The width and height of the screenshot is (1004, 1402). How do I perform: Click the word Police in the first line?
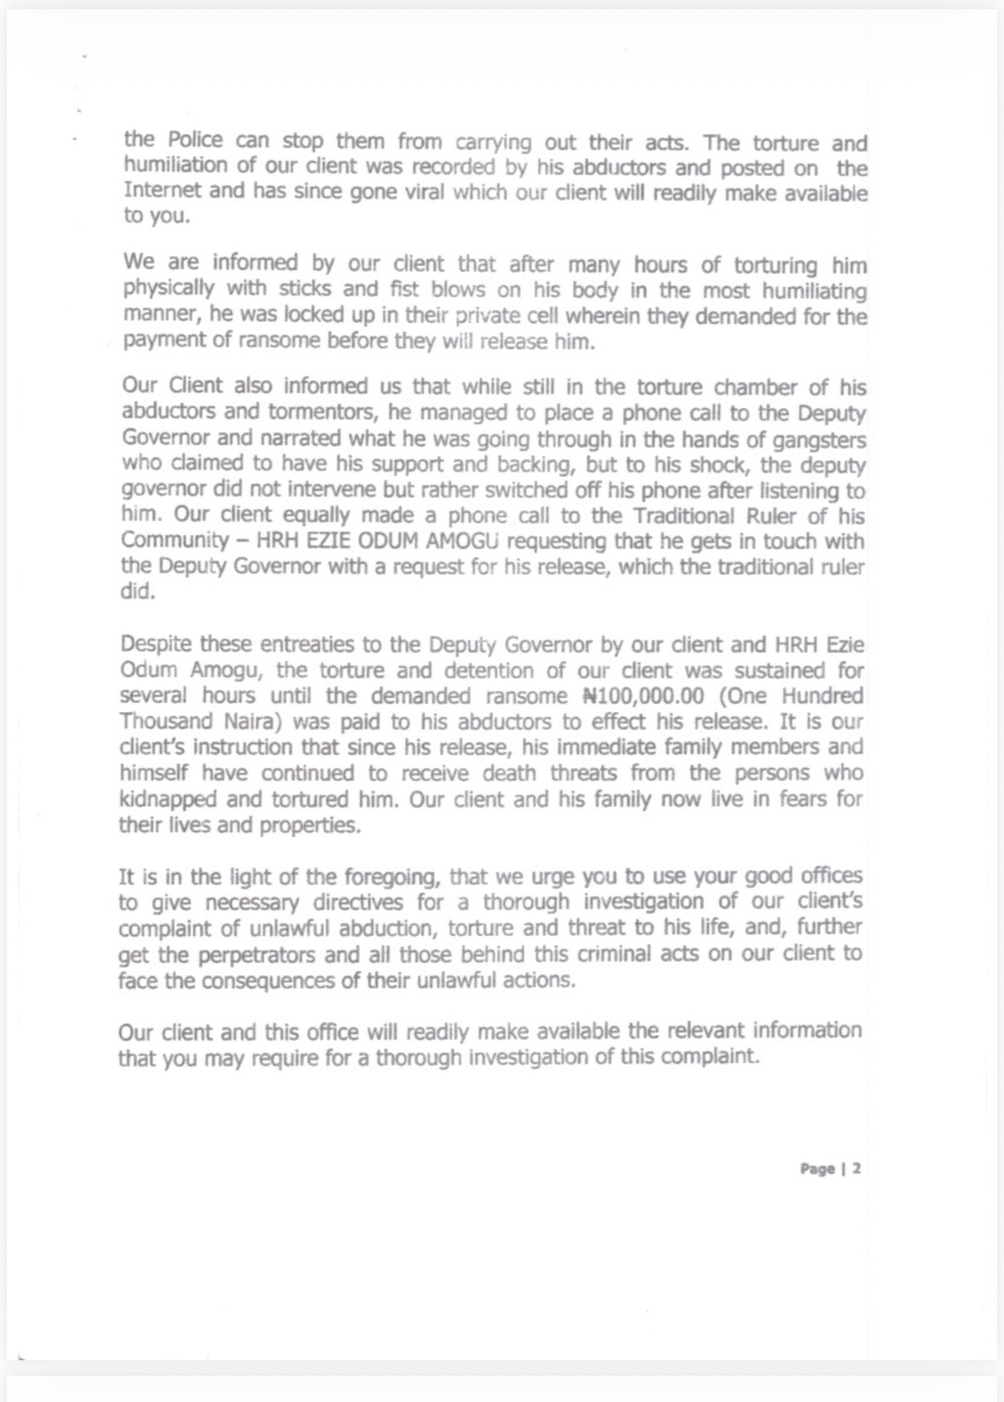[195, 141]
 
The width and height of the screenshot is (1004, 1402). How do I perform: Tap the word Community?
[175, 540]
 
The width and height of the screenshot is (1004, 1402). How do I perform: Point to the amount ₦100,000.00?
[644, 696]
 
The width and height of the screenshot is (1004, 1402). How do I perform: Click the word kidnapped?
[168, 799]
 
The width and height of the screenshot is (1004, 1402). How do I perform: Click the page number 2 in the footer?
[857, 1169]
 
